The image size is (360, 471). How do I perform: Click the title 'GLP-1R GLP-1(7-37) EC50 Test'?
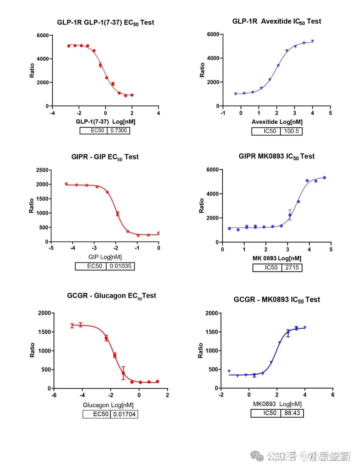[105, 23]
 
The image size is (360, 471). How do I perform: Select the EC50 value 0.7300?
[119, 130]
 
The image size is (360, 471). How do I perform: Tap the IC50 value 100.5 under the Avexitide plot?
[291, 131]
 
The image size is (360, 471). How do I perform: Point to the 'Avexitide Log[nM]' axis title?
[277, 122]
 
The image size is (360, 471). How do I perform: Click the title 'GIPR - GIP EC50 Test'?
[105, 157]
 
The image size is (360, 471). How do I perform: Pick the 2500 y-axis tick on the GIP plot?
[42, 170]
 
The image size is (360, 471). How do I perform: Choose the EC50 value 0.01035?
[120, 266]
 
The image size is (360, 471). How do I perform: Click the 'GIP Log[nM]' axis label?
[105, 257]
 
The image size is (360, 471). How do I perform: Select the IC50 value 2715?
[292, 268]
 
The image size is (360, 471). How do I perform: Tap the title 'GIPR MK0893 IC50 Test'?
[276, 156]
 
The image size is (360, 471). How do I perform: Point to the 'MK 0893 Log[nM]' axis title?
[277, 259]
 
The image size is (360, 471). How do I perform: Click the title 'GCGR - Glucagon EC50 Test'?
[111, 296]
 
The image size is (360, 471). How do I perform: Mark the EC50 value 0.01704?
[124, 414]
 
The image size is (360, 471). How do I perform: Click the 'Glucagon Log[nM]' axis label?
[108, 405]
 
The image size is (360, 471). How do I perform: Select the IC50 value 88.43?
[292, 413]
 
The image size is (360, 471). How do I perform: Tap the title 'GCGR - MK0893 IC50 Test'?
[277, 300]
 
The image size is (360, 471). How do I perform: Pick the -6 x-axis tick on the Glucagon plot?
[54, 395]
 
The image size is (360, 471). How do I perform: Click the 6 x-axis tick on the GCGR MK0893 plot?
[333, 395]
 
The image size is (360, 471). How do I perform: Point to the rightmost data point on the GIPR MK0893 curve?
[324, 178]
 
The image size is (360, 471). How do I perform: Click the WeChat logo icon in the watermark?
[257, 456]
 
